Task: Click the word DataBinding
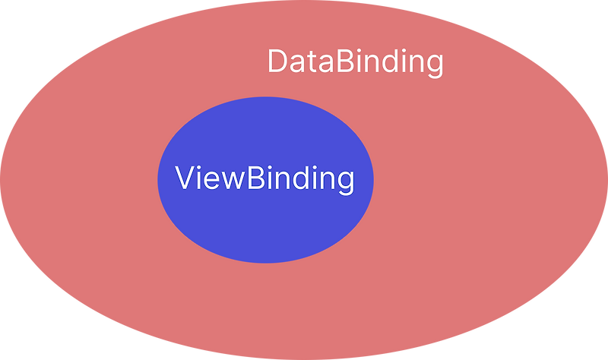coord(355,62)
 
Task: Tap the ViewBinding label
coord(264,179)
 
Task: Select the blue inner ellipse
coord(265,228)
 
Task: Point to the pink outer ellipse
coord(471,228)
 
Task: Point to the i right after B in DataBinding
coord(362,61)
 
